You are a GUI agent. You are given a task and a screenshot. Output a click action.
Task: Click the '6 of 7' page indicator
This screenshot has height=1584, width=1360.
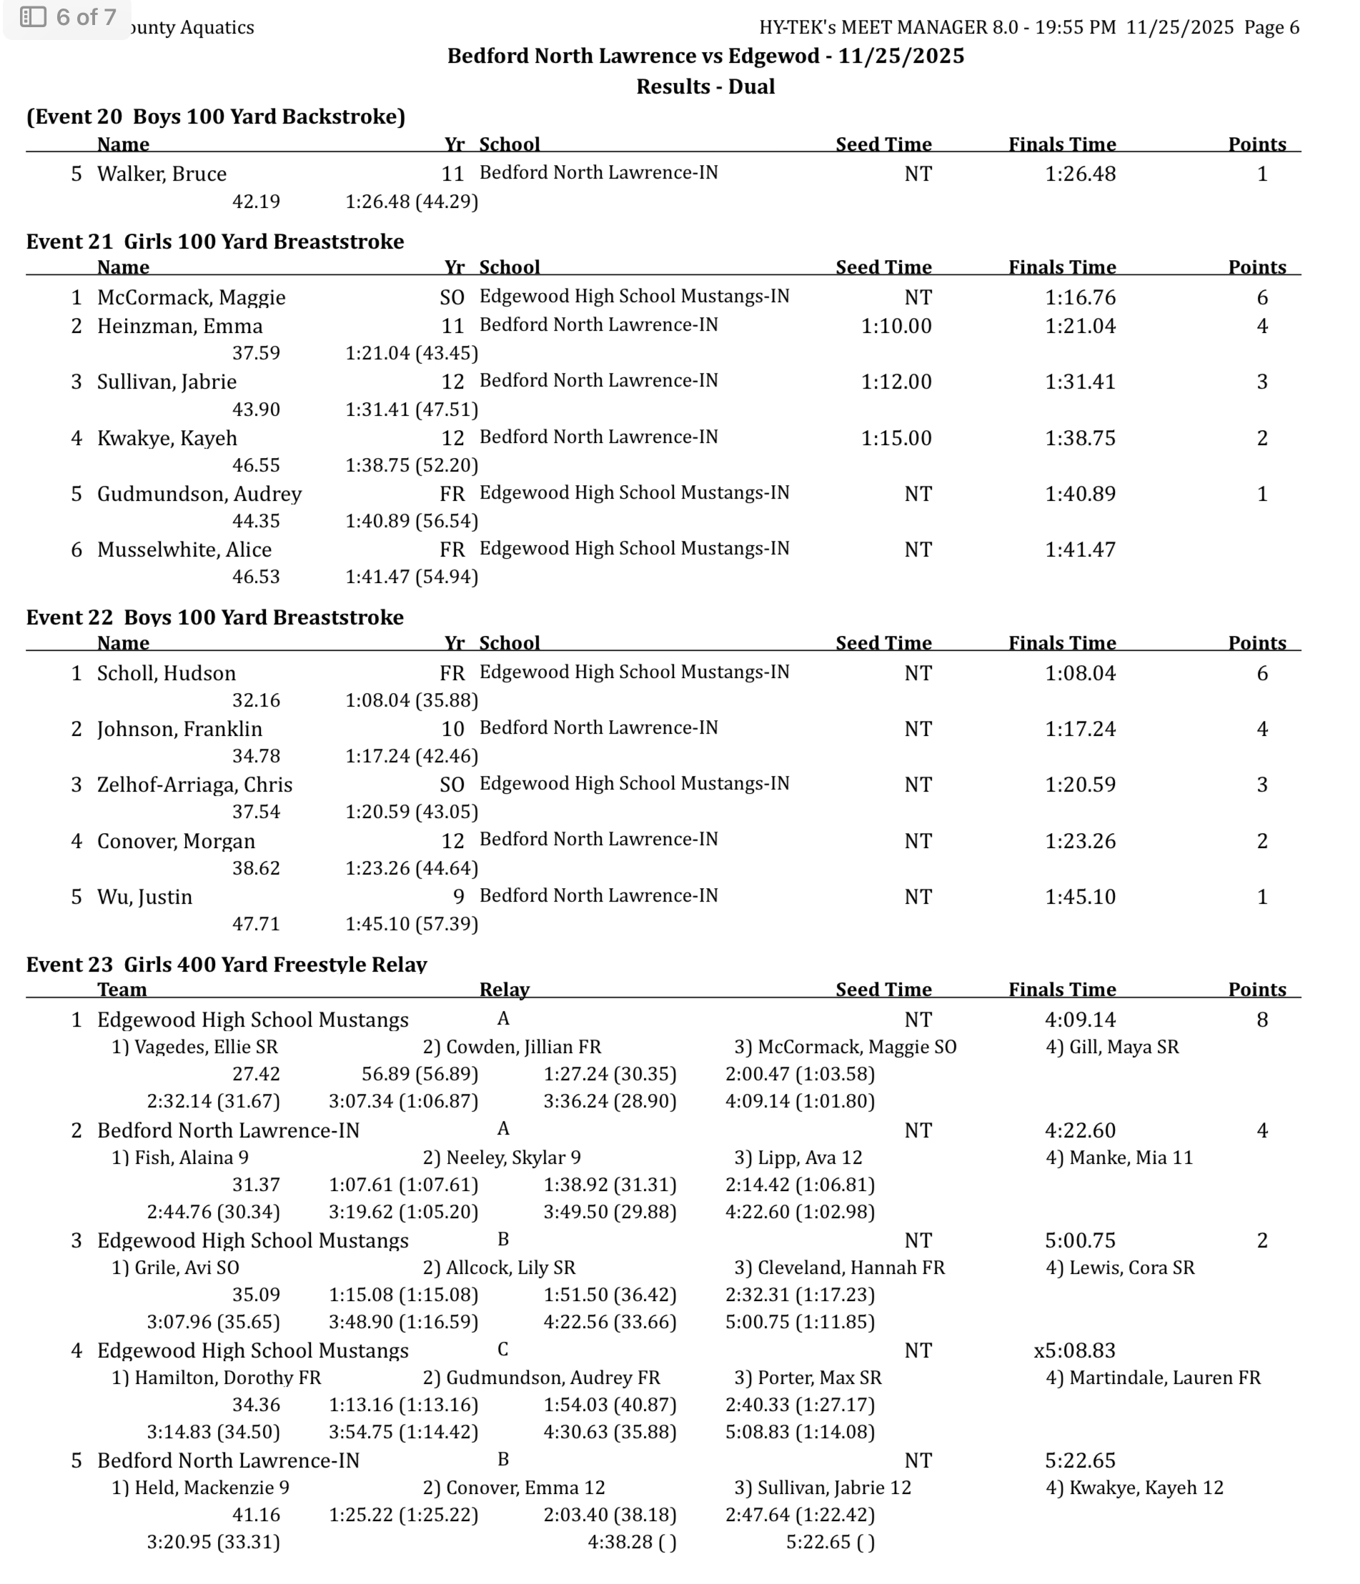click(69, 17)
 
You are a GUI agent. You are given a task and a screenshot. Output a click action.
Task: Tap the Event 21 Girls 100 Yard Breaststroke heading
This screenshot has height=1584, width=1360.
click(215, 241)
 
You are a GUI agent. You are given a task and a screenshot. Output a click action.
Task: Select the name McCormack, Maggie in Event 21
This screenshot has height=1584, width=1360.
click(191, 297)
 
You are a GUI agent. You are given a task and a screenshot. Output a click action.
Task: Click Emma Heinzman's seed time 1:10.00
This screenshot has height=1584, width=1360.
click(896, 327)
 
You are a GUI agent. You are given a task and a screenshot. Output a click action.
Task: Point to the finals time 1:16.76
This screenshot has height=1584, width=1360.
click(1079, 297)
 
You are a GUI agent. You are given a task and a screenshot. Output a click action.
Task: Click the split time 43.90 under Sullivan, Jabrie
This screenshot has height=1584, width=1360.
click(256, 410)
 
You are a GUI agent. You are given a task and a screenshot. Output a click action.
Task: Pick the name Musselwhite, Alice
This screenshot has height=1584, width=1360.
click(184, 549)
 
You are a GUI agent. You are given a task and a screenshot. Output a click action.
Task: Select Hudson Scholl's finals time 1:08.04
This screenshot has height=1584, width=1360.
click(1079, 674)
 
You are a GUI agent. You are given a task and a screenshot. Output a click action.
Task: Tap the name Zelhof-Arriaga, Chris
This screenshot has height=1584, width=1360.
click(194, 785)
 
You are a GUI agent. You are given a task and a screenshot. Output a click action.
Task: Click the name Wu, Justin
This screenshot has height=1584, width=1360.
click(144, 897)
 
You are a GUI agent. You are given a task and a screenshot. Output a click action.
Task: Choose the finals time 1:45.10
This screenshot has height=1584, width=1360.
click(1079, 897)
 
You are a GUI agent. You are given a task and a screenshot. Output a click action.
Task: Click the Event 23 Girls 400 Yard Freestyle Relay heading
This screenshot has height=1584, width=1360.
click(227, 964)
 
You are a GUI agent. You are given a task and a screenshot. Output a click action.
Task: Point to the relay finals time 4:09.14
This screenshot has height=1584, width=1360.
click(1079, 1020)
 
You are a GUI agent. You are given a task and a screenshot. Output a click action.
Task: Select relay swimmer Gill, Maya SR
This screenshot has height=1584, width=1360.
click(1111, 1047)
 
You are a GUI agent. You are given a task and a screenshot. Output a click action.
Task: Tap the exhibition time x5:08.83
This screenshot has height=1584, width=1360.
click(1074, 1351)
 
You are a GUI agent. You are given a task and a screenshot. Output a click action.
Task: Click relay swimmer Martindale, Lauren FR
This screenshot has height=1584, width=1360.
click(1153, 1378)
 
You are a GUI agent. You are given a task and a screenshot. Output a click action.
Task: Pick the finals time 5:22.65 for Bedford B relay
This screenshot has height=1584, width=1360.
click(1079, 1461)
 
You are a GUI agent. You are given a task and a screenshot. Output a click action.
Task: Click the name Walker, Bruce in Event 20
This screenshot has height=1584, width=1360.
click(162, 174)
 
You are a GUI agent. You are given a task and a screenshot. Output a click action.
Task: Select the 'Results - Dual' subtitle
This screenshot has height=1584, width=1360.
click(705, 86)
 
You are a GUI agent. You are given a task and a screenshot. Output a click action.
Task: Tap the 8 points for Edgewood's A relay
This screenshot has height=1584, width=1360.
click(1261, 1020)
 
